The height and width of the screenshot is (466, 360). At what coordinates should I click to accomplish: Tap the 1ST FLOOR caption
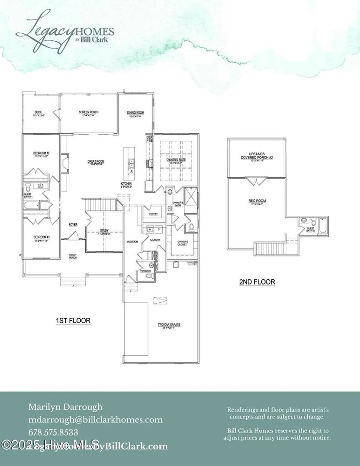(x=73, y=320)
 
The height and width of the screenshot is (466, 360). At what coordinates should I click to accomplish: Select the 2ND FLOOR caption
(x=257, y=282)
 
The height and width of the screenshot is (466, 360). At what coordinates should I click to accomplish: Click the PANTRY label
(x=153, y=214)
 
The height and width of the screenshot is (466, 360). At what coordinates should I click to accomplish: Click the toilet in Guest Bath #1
(x=28, y=187)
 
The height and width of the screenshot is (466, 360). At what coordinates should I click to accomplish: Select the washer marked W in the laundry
(x=150, y=229)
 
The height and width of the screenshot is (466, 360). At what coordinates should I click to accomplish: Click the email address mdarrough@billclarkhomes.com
(x=95, y=420)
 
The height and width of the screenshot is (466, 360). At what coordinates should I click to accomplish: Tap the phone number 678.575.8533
(x=53, y=432)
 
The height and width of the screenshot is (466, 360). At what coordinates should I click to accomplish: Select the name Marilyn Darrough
(x=65, y=407)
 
